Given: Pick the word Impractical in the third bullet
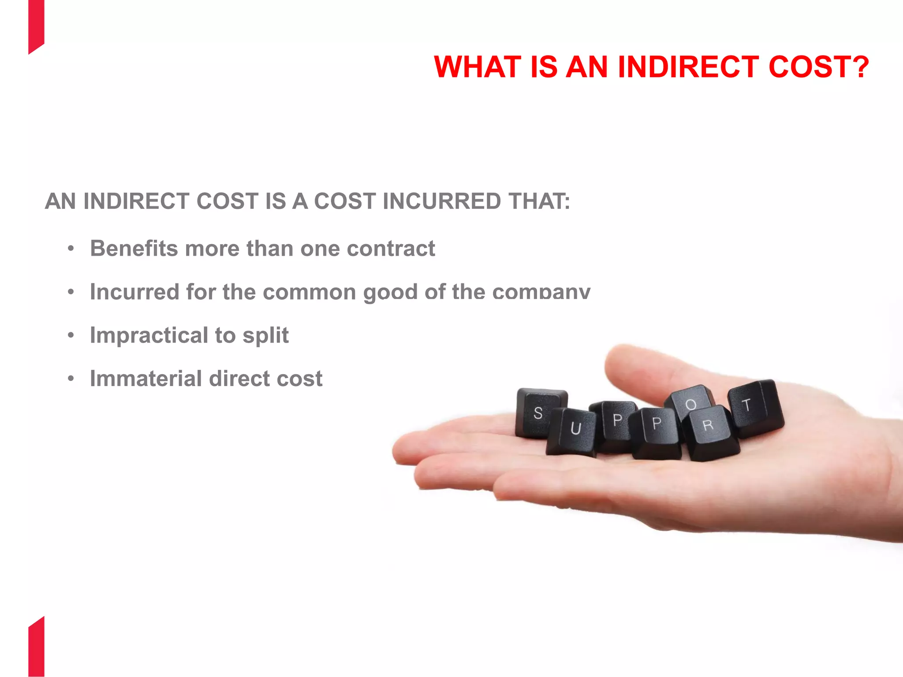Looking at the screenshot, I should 149,335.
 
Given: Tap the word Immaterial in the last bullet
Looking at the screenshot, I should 146,379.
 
